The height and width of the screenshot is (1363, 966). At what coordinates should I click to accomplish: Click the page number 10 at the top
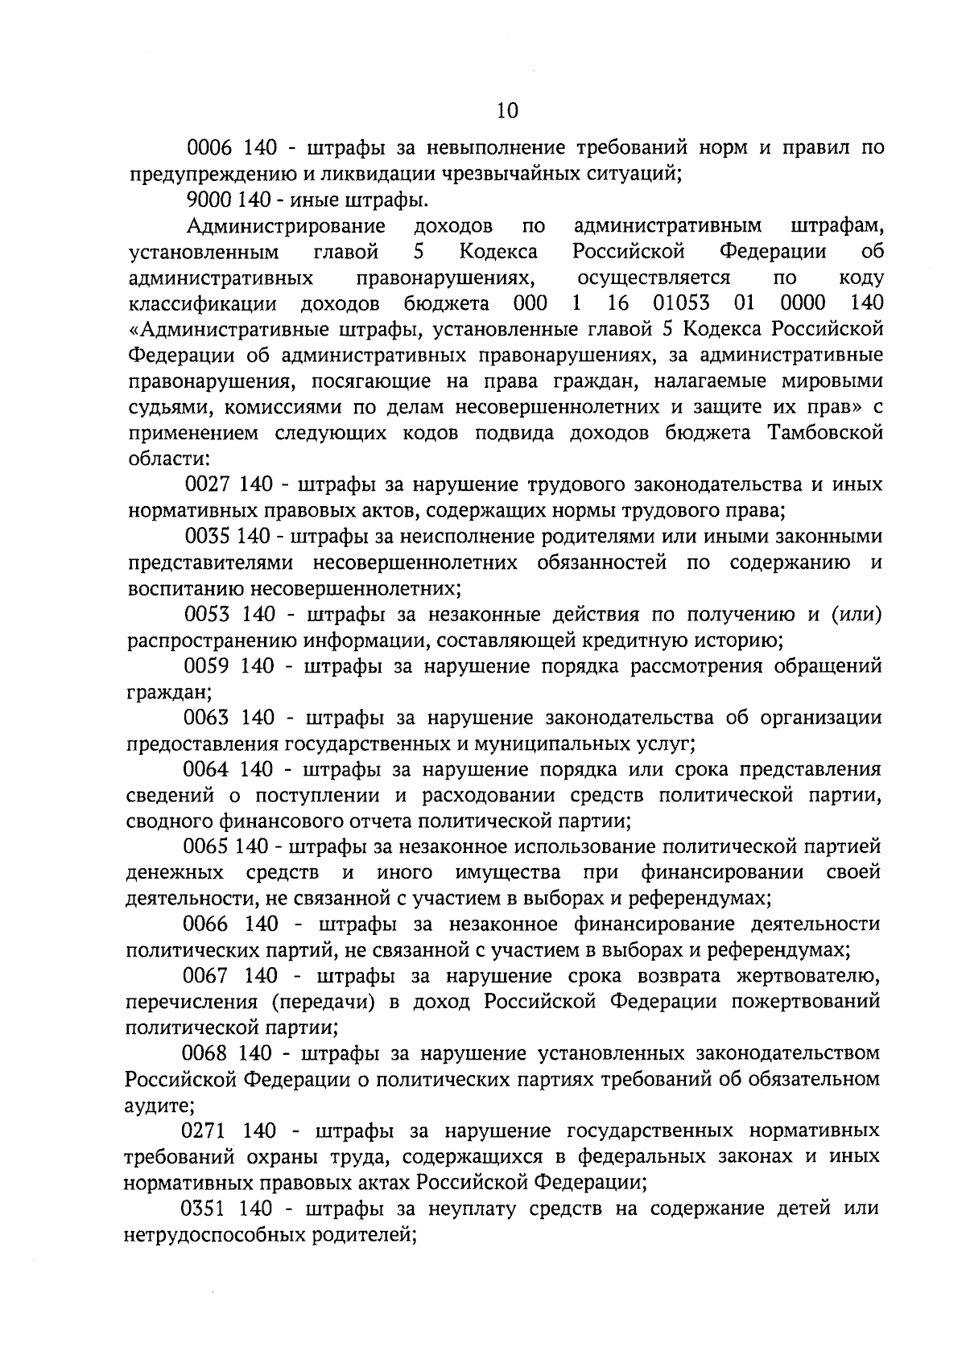point(508,110)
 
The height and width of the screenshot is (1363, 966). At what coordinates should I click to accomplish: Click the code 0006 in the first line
point(209,148)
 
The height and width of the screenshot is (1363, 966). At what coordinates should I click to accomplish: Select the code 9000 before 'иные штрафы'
point(209,200)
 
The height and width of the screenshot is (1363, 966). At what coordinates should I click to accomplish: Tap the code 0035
point(208,537)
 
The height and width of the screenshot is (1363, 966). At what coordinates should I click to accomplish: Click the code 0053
point(208,615)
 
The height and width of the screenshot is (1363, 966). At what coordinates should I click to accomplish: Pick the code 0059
point(208,666)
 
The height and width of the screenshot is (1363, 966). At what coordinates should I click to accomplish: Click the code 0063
point(208,718)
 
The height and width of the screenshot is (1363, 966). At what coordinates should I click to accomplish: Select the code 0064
point(208,769)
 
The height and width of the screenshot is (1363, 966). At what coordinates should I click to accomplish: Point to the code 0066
point(208,924)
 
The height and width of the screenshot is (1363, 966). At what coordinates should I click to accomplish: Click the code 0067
point(208,976)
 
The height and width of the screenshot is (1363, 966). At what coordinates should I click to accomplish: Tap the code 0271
point(208,1131)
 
